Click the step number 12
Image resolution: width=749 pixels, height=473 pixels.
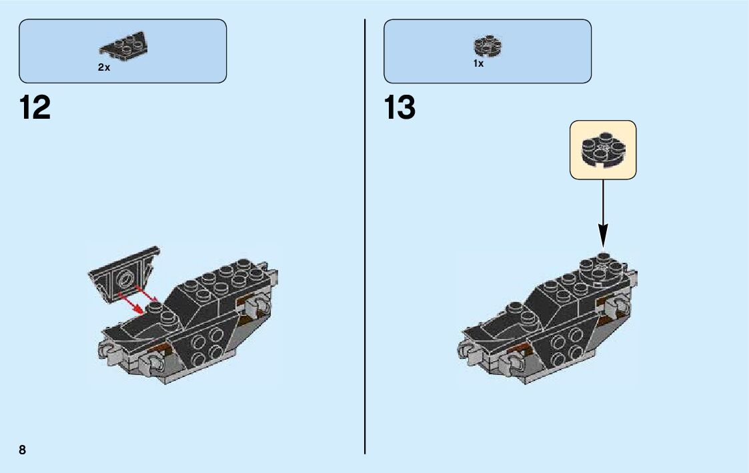(x=35, y=108)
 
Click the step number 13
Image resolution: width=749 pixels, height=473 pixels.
(x=400, y=108)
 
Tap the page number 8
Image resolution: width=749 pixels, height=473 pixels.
(x=23, y=450)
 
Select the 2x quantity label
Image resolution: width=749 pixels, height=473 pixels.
(x=104, y=67)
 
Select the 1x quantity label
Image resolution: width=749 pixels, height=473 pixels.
(x=478, y=64)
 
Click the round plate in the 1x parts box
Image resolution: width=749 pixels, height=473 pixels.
(x=488, y=45)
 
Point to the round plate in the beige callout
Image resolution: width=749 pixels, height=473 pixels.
(x=602, y=149)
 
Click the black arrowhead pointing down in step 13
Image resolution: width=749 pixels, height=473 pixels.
(x=603, y=234)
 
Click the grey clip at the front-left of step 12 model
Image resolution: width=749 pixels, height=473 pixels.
(x=106, y=349)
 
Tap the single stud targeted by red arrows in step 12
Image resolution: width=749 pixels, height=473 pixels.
(x=155, y=308)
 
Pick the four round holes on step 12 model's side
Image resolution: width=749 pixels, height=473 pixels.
(x=206, y=346)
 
